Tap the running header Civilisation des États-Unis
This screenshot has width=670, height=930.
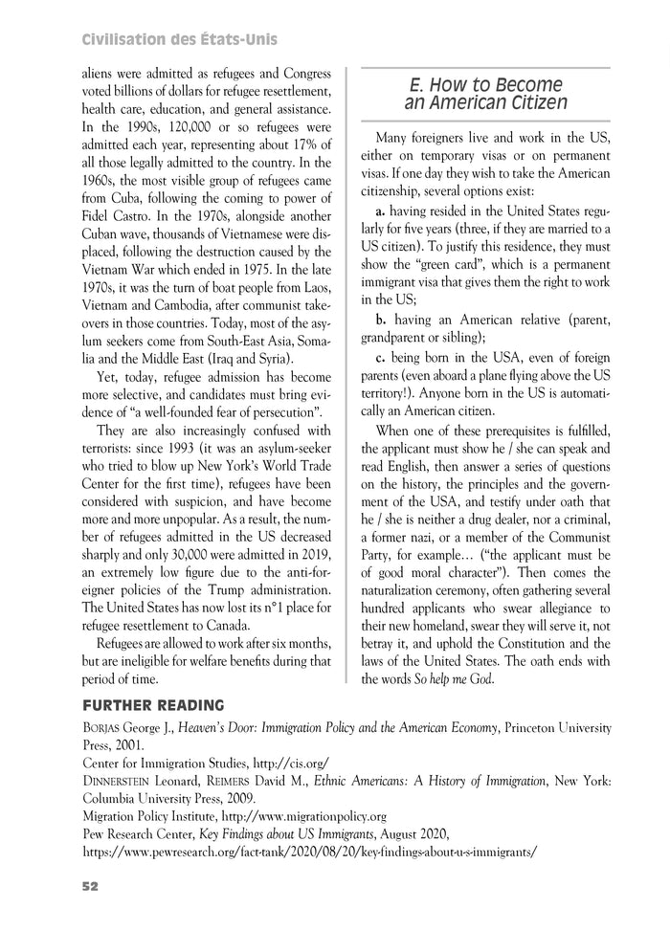(x=180, y=39)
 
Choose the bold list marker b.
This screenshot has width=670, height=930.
(x=381, y=319)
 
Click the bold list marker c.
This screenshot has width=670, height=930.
(x=380, y=357)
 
